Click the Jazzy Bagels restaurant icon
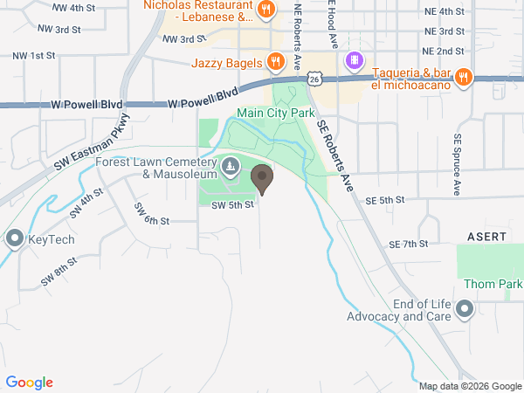[x=275, y=61]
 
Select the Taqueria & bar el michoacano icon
[x=464, y=76]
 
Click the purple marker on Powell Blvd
[x=354, y=60]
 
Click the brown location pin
[x=262, y=180]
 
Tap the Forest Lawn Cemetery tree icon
[x=231, y=165]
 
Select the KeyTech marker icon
[x=14, y=237]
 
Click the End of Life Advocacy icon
[x=465, y=309]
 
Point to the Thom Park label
[x=493, y=284]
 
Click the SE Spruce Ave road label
[x=456, y=164]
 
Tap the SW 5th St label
[x=233, y=204]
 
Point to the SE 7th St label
[x=407, y=244]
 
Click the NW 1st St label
[x=34, y=55]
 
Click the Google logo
[x=29, y=383]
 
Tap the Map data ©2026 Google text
[x=469, y=386]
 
